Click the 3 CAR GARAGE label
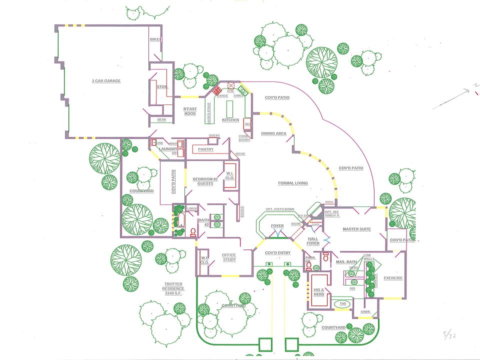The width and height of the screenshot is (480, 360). pos(106,80)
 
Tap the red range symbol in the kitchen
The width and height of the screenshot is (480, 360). pos(217,91)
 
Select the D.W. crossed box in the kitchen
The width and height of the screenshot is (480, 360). pos(231,85)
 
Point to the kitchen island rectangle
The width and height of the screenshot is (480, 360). pos(230,108)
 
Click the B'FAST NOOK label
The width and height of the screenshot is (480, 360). pos(190,111)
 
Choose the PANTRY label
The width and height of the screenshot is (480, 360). pos(205,149)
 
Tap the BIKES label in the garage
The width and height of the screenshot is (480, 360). pos(155,39)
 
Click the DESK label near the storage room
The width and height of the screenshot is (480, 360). pos(161,119)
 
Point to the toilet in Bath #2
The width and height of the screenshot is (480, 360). pos(193,232)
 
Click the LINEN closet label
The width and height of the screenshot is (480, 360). pos(192,208)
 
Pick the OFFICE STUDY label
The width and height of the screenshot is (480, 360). pos(229,257)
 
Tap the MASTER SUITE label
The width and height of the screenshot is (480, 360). pos(356,229)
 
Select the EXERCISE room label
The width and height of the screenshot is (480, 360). pos(393,278)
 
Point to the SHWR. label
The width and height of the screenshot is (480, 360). pos(365,312)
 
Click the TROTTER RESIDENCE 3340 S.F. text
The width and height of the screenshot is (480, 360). pos(173,288)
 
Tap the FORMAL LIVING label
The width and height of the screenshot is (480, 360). pos(293,183)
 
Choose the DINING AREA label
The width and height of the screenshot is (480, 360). pos(273,133)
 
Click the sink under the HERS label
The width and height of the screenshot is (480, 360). pos(354,273)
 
